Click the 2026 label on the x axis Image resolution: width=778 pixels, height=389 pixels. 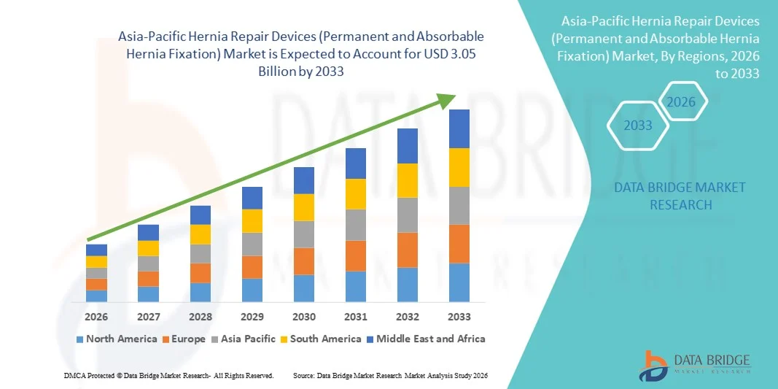coord(96,317)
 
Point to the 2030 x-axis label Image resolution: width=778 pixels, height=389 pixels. coord(304,317)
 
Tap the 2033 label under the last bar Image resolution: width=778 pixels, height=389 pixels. coord(459,317)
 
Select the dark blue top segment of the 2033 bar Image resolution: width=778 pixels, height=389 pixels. coord(459,128)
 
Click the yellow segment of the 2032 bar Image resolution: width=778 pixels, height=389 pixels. coord(408,180)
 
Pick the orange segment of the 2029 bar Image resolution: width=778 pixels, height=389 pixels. coord(252,267)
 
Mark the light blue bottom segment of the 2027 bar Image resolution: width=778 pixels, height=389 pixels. coord(148,294)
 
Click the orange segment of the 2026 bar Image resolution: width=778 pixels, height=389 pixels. coord(96,284)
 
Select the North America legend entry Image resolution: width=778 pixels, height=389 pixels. coord(117,339)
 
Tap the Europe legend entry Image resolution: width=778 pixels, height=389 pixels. coord(184,339)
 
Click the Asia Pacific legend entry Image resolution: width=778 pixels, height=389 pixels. coord(244,339)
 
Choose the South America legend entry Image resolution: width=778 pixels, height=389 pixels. coord(321,339)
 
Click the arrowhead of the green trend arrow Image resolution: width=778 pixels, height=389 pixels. coord(449,100)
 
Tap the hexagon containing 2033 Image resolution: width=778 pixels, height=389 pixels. coord(638,126)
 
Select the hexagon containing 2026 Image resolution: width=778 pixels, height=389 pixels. coord(682,101)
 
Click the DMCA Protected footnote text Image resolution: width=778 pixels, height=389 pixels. coord(168,375)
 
